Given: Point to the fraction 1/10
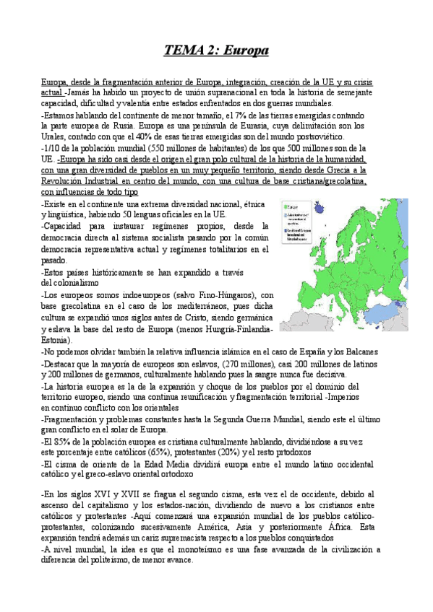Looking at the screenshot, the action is click(x=52, y=148).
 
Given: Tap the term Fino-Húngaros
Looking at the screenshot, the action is click(x=206, y=295).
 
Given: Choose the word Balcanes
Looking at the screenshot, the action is click(x=356, y=351).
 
